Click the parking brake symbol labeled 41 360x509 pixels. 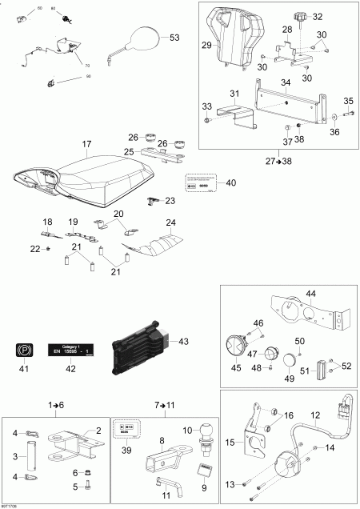(24, 350)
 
